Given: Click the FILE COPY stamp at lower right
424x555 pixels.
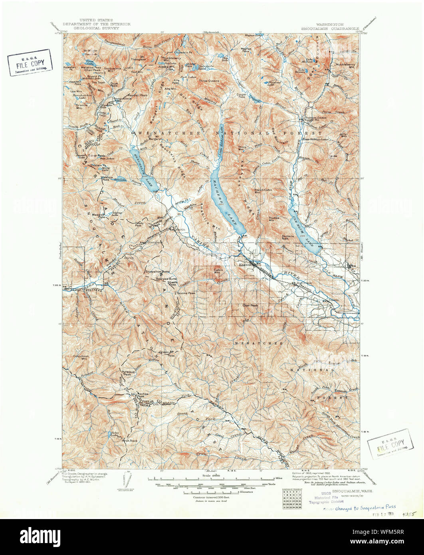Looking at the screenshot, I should (x=390, y=443).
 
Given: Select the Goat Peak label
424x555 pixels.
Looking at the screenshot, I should (x=250, y=305).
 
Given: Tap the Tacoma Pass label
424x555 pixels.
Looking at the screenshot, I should (x=186, y=293).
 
